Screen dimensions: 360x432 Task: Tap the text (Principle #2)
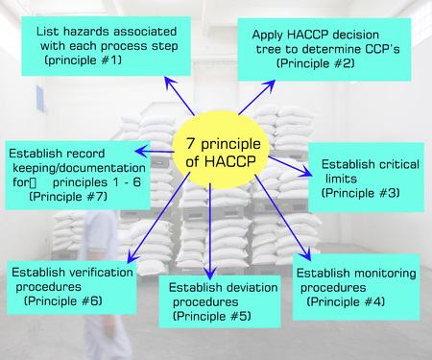click(316, 62)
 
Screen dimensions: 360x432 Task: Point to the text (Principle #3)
click(360, 193)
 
